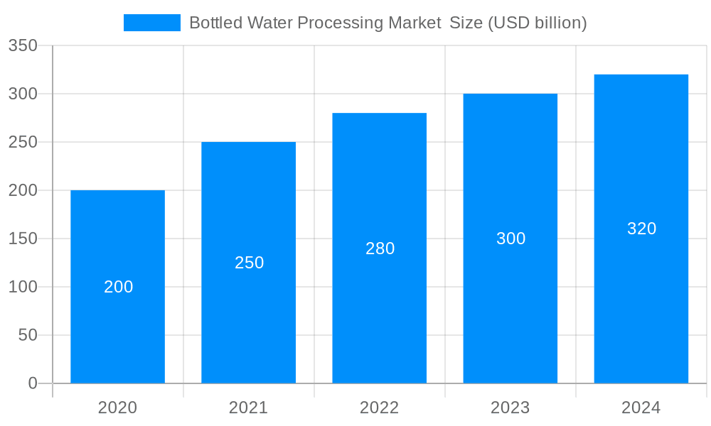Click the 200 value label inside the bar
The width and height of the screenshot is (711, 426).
118,287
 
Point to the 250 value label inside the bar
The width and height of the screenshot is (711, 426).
249,263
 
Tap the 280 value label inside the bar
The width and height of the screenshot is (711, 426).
380,248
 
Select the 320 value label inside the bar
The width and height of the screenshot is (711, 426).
641,229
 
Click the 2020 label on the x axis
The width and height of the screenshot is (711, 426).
118,408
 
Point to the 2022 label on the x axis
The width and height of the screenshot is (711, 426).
380,408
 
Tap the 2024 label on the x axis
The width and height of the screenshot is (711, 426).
641,408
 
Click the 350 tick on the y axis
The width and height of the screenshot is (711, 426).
23,45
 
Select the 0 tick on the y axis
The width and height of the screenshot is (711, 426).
33,383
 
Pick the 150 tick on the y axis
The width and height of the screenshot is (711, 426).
23,239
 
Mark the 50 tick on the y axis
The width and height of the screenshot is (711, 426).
28,335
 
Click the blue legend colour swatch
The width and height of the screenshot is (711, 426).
152,23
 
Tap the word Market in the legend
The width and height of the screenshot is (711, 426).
415,23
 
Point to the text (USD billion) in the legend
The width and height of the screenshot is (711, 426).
537,23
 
